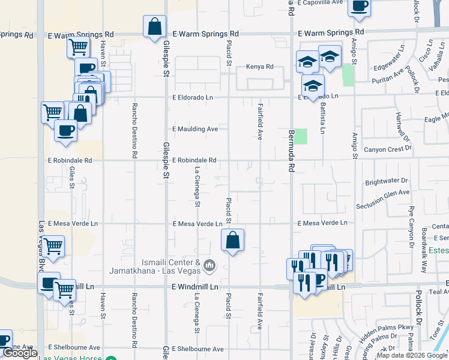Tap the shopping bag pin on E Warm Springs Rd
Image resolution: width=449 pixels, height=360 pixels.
click(x=154, y=26)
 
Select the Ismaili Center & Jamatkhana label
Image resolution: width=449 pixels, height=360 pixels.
click(x=154, y=266)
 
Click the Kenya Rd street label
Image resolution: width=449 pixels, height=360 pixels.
click(x=260, y=66)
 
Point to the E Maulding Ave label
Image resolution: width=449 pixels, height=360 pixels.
click(x=195, y=129)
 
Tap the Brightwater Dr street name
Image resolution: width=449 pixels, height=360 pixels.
click(x=386, y=181)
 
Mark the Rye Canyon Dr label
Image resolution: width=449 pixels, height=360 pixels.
click(x=411, y=227)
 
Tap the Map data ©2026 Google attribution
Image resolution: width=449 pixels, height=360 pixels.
click(x=412, y=355)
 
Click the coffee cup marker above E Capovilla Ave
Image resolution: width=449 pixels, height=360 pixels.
click(x=360, y=6)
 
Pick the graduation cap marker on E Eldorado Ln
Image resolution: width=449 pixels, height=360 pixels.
click(x=313, y=85)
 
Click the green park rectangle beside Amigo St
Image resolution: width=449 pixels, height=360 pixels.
click(x=348, y=75)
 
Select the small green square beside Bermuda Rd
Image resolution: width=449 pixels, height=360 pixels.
click(x=301, y=136)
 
